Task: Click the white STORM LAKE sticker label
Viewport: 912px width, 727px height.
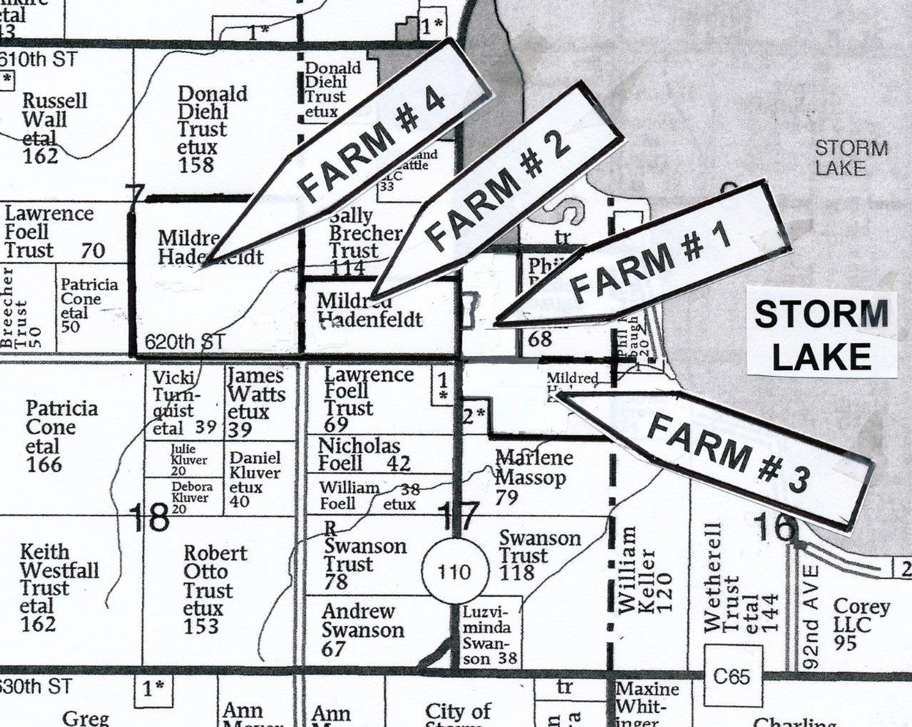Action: pos(822,335)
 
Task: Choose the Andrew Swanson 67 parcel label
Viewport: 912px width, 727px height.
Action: pos(361,630)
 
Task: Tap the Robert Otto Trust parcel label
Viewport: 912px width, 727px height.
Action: pos(206,589)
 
